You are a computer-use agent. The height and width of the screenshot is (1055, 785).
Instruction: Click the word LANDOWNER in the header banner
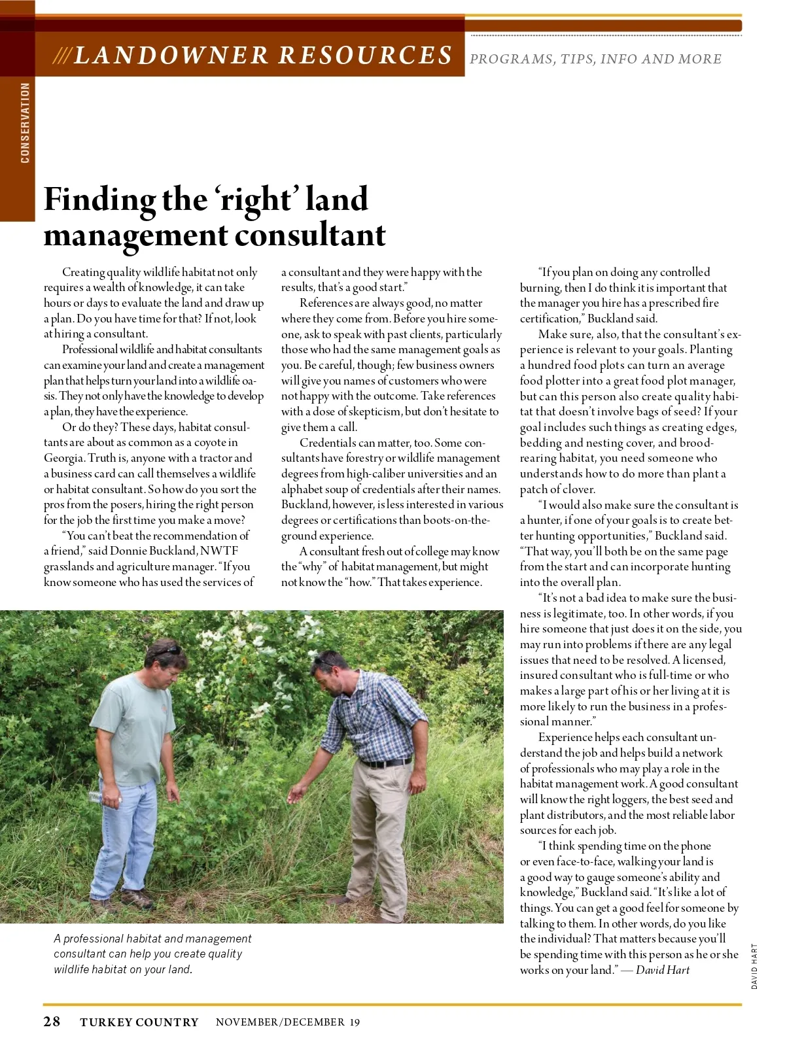(x=171, y=56)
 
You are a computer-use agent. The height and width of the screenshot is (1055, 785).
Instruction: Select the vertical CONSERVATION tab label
(x=25, y=123)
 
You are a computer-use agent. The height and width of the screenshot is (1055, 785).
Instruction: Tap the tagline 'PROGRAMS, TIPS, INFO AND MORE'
(x=595, y=59)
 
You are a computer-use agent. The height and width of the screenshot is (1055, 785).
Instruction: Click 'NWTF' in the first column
(x=219, y=551)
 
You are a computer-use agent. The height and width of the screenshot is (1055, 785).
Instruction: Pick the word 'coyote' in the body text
(x=210, y=442)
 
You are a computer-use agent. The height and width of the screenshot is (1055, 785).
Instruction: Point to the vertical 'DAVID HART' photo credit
(x=754, y=966)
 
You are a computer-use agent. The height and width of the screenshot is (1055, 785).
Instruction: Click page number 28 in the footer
(x=52, y=1022)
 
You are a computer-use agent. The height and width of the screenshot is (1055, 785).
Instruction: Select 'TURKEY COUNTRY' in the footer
(x=139, y=1022)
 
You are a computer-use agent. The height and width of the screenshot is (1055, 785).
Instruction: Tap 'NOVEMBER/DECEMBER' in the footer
(x=280, y=1022)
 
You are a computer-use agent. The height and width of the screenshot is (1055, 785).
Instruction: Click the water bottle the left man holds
(x=96, y=797)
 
